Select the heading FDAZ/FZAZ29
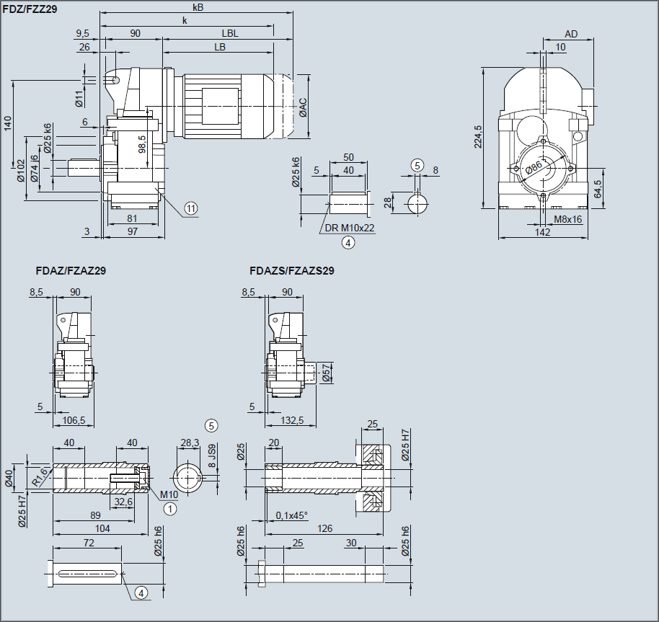point(71,272)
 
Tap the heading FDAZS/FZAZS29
point(291,272)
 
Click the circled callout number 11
point(190,208)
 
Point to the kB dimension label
point(198,7)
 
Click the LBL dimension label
point(230,33)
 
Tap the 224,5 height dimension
point(477,136)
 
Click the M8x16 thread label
point(568,219)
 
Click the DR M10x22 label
point(350,228)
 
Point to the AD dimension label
point(571,34)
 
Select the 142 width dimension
point(543,232)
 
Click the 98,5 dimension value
point(142,143)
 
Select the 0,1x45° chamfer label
point(291,515)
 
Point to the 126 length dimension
point(325,528)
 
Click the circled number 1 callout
point(170,508)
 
